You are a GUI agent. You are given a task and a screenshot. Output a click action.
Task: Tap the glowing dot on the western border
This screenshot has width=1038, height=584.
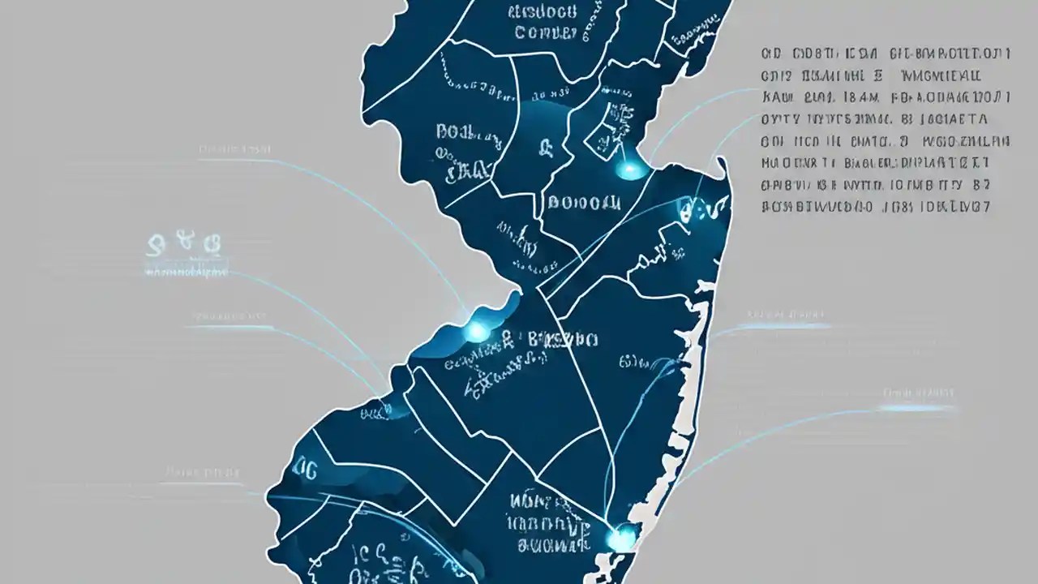point(476,330)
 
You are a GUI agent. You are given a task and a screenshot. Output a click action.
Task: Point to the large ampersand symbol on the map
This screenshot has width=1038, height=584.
point(546,148)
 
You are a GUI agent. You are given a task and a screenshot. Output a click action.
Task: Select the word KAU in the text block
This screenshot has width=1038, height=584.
point(777,97)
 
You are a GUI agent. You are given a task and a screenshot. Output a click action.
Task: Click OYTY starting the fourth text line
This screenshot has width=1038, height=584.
point(780,119)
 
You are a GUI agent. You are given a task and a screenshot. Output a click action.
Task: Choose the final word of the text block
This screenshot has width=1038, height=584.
point(973,206)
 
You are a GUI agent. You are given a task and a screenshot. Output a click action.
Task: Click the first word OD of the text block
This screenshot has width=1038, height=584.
point(771,54)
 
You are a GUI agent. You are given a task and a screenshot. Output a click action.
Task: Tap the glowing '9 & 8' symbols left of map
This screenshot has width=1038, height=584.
point(185,243)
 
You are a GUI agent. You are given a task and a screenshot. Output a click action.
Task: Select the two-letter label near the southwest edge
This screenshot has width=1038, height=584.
point(306,467)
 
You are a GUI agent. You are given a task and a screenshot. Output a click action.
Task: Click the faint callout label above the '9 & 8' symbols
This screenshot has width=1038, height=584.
point(235,149)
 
